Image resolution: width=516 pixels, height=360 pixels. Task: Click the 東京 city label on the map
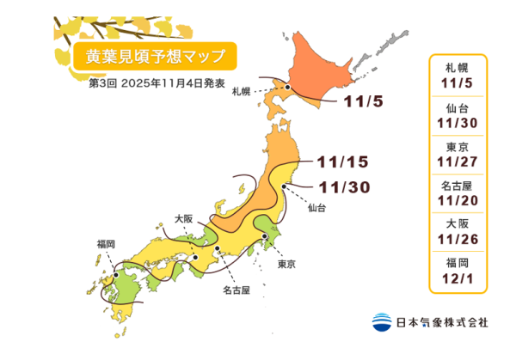pos(286,265)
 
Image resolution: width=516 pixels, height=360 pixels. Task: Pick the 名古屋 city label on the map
pos(235,290)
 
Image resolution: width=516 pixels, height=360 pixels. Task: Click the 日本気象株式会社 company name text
pos(441,322)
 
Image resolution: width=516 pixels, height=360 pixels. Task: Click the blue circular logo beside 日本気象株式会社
pos(381,322)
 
